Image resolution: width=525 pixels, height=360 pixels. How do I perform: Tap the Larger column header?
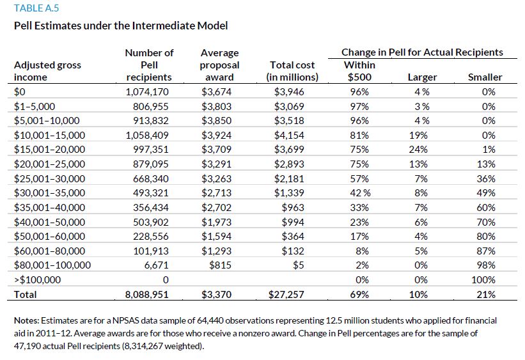pyautogui.click(x=421, y=77)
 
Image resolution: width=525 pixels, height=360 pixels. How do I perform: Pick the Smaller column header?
pyautogui.click(x=485, y=77)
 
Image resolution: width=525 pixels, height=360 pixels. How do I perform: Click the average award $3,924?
pyautogui.click(x=219, y=135)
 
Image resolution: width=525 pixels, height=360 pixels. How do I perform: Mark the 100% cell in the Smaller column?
pyautogui.click(x=483, y=279)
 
